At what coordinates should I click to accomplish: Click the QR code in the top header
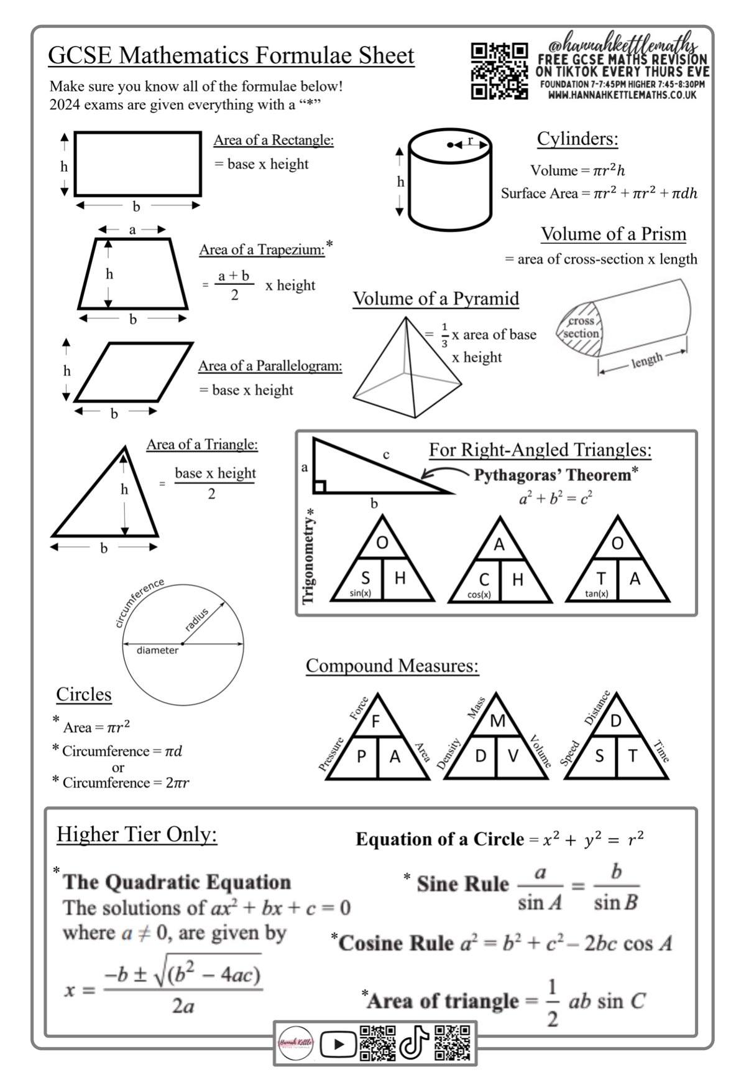click(499, 71)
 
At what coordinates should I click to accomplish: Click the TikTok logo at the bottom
click(414, 1043)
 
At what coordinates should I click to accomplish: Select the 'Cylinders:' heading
click(577, 139)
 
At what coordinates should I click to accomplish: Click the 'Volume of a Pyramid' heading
click(436, 299)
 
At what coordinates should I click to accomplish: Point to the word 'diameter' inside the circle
click(157, 650)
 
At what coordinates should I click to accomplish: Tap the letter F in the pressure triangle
click(375, 722)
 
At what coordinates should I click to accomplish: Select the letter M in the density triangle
click(497, 721)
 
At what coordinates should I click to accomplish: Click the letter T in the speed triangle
click(632, 756)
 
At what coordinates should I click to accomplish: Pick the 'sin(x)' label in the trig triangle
click(360, 594)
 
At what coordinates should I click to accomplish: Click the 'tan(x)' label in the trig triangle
click(596, 594)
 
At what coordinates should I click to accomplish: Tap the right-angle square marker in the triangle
click(320, 487)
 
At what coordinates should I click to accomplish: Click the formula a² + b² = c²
click(555, 498)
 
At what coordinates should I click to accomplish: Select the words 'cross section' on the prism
click(581, 327)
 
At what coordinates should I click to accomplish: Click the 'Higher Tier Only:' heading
click(137, 834)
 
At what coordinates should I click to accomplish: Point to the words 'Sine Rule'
click(462, 884)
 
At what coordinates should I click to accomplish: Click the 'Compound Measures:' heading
click(392, 666)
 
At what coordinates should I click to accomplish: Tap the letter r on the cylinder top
click(471, 141)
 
